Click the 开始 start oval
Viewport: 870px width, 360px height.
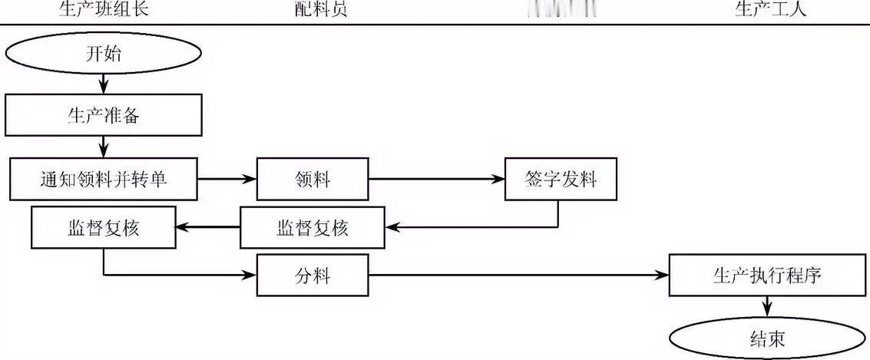[104, 54]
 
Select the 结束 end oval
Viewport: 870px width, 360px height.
[768, 339]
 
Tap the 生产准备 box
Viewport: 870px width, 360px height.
[104, 116]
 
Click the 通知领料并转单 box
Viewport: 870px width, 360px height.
[104, 180]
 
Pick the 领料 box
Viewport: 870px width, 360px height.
[313, 180]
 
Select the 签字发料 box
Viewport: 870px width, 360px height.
[562, 180]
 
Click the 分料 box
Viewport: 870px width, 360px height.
[313, 275]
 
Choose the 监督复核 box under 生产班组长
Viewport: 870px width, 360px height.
[104, 227]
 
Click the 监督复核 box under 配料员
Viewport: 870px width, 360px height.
[313, 227]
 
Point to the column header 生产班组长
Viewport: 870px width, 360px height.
[104, 9]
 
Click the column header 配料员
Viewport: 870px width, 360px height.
[315, 9]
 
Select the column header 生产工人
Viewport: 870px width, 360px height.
[771, 9]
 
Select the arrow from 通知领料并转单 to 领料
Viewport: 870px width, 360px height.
[227, 180]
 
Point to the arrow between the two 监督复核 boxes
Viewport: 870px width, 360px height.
[208, 227]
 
